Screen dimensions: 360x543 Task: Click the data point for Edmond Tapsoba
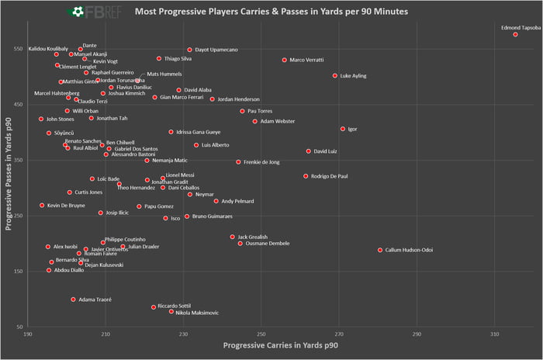pyautogui.click(x=515, y=35)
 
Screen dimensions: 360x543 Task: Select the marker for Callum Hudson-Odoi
pyautogui.click(x=380, y=250)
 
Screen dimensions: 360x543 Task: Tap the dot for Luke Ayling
pyautogui.click(x=335, y=76)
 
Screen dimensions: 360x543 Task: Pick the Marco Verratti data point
pyautogui.click(x=284, y=60)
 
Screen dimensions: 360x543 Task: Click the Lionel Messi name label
pyautogui.click(x=180, y=175)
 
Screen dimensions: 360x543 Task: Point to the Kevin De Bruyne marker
pyautogui.click(x=42, y=206)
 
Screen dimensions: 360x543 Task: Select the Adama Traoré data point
pyautogui.click(x=73, y=299)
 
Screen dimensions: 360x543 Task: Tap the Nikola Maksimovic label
pyautogui.click(x=197, y=313)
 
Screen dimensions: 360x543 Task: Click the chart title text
pyautogui.click(x=271, y=12)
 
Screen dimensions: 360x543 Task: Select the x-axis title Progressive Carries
pyautogui.click(x=280, y=344)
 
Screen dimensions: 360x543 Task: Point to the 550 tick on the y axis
pyautogui.click(x=17, y=48)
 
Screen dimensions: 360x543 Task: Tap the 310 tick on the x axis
pyautogui.click(x=495, y=334)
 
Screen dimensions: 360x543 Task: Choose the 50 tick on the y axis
pyautogui.click(x=19, y=327)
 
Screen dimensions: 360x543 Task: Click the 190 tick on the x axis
pyautogui.click(x=28, y=334)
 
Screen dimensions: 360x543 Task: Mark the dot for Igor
pyautogui.click(x=343, y=129)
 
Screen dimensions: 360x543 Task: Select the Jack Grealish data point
pyautogui.click(x=232, y=237)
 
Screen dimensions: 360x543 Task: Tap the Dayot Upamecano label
pyautogui.click(x=217, y=50)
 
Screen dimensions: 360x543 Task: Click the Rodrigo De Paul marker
pyautogui.click(x=306, y=176)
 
